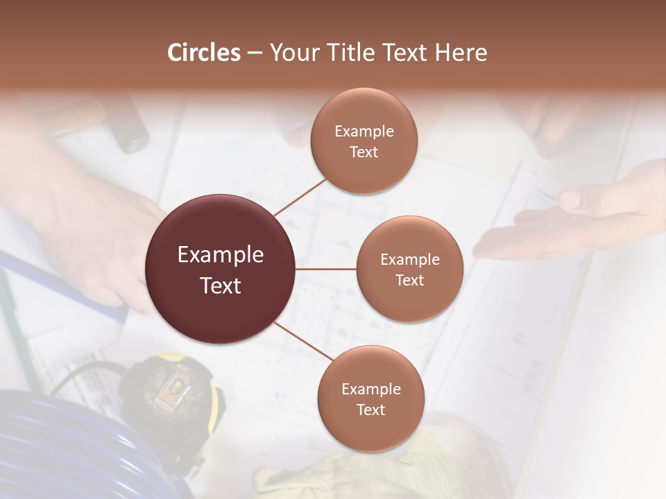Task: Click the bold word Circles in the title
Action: click(204, 53)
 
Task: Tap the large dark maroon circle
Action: click(221, 269)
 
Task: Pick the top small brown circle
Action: click(364, 141)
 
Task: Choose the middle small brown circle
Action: click(409, 269)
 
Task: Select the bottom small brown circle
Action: click(370, 399)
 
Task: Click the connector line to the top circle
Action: click(300, 197)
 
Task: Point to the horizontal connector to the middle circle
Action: click(326, 269)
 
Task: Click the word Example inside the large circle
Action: click(221, 255)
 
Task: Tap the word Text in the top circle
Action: click(364, 152)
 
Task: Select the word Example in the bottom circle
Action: click(370, 389)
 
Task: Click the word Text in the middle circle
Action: click(409, 280)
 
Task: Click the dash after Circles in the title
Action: click(255, 53)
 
